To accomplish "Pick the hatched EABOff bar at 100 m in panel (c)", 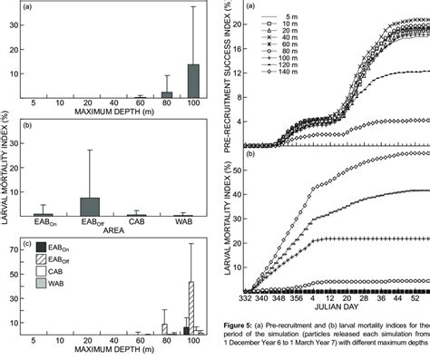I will [x=191, y=308].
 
